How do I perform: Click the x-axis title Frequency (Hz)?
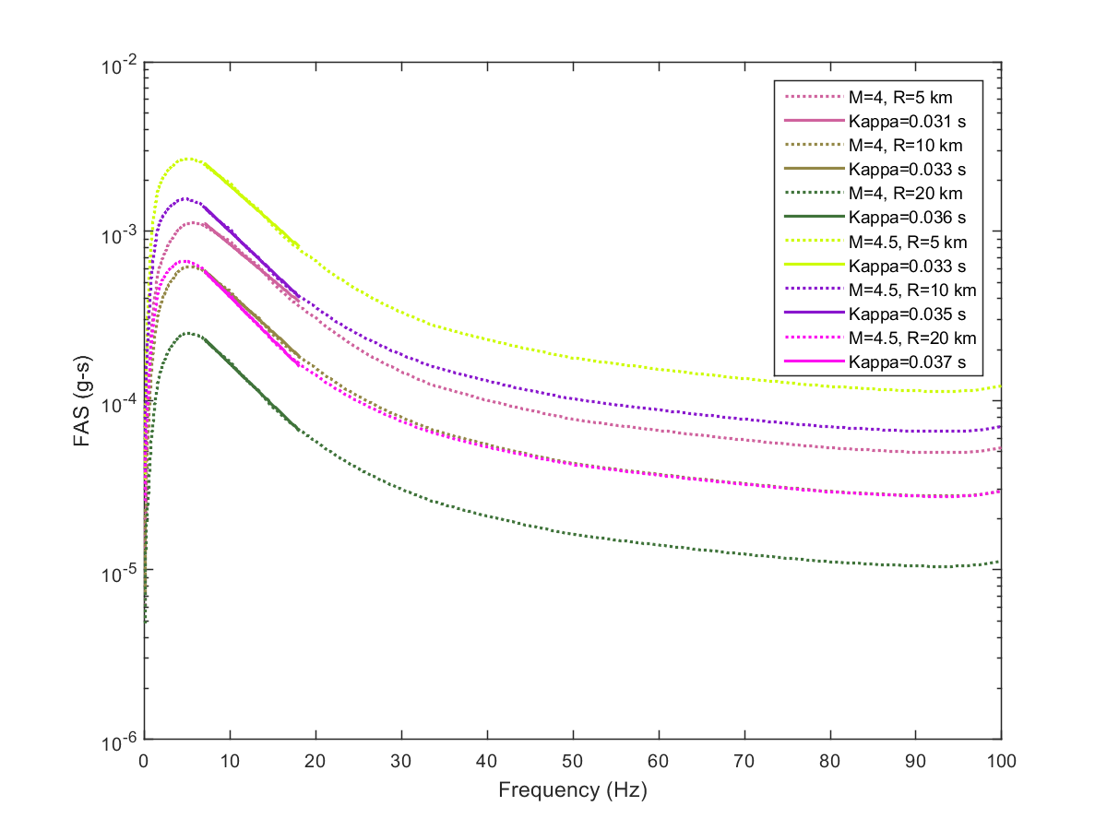click(572, 789)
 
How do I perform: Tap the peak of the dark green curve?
click(188, 333)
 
